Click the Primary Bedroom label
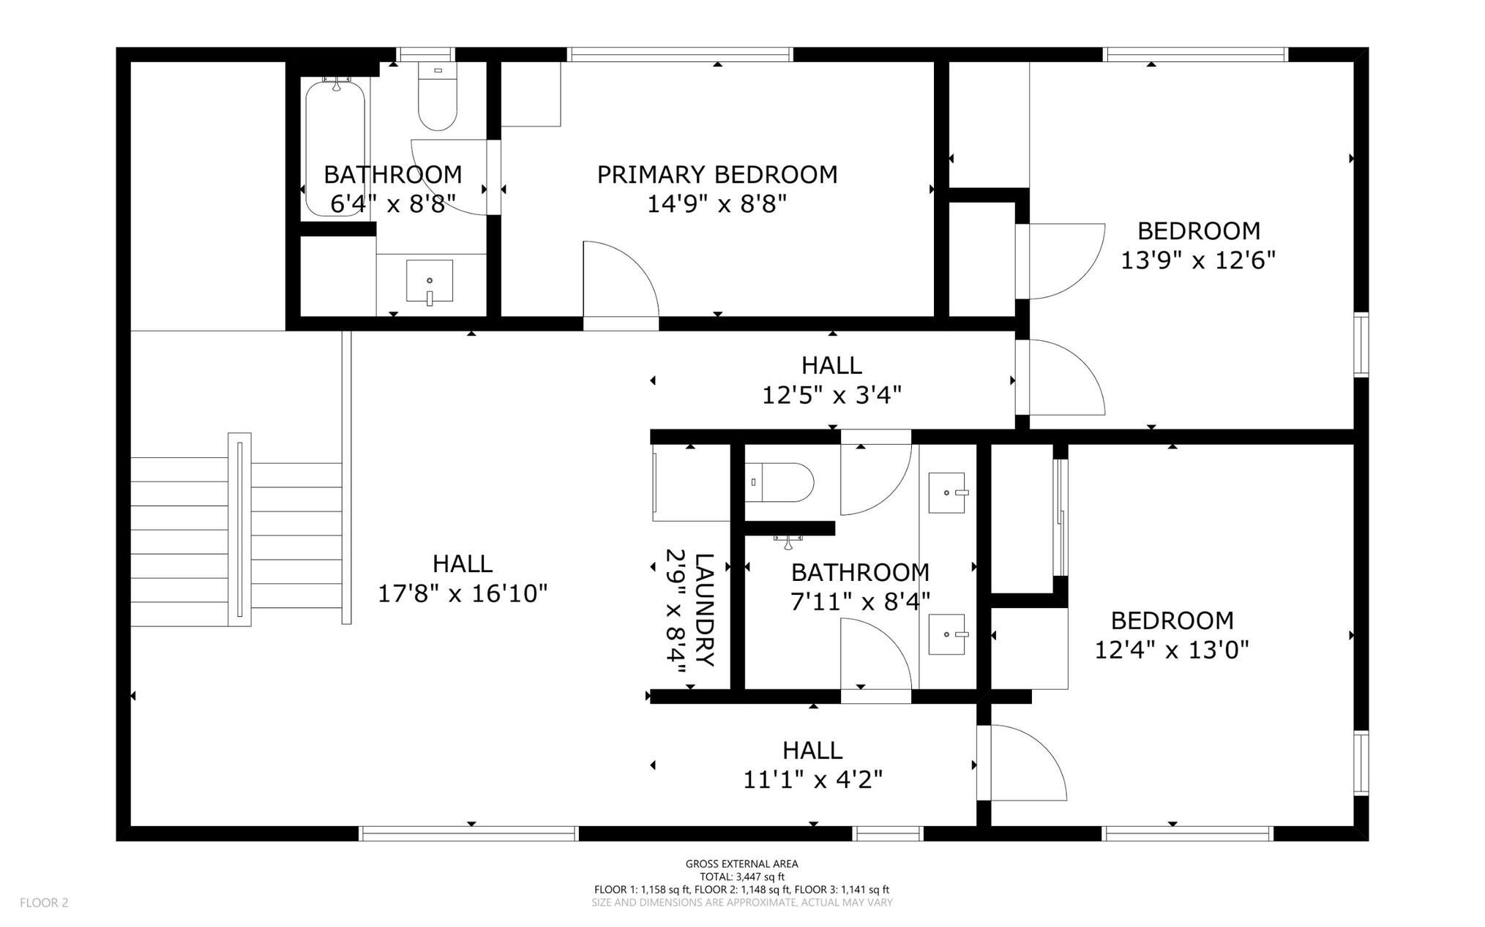pos(717,175)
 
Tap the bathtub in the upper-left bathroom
pos(334,148)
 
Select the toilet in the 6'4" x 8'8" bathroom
pos(438,97)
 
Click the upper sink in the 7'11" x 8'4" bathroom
pos(948,492)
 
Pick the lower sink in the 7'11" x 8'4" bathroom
pos(948,634)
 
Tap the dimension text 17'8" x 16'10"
pos(463,593)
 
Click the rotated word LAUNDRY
pos(703,610)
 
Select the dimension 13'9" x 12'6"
pos(1198,260)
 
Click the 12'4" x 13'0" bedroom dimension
pos(1172,650)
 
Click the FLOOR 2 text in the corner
pos(44,903)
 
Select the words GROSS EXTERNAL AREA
pos(742,864)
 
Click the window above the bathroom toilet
pos(426,54)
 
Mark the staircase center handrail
pos(239,529)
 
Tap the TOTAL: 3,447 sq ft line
pos(742,877)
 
